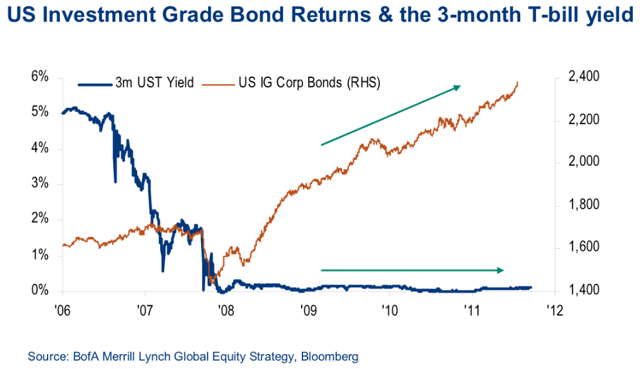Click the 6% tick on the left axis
(x=40, y=77)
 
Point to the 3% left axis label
(x=40, y=184)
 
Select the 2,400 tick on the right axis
(x=582, y=77)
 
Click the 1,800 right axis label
(x=582, y=205)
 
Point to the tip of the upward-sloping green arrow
(x=460, y=86)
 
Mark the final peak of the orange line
(x=518, y=83)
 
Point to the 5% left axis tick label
(x=40, y=112)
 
